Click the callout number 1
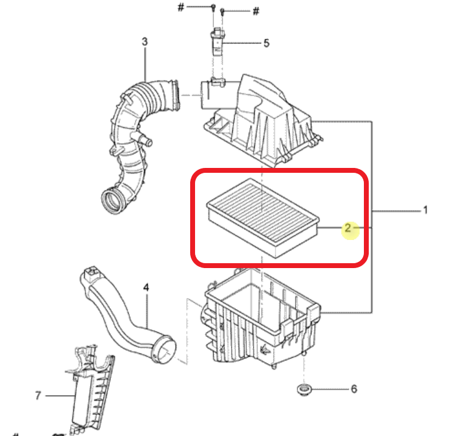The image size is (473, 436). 425,210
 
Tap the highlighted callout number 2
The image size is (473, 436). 348,228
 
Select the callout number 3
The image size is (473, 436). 145,42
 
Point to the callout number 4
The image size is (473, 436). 146,287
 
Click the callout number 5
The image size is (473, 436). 266,43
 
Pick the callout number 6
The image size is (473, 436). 354,389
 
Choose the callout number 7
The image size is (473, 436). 38,396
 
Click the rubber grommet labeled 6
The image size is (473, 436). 303,389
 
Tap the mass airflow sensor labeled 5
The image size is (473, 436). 217,42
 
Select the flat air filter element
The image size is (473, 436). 263,218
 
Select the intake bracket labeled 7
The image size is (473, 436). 90,390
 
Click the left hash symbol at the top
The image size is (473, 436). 180,7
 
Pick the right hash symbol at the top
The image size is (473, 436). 255,11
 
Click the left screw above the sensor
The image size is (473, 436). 213,8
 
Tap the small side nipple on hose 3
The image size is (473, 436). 146,140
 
